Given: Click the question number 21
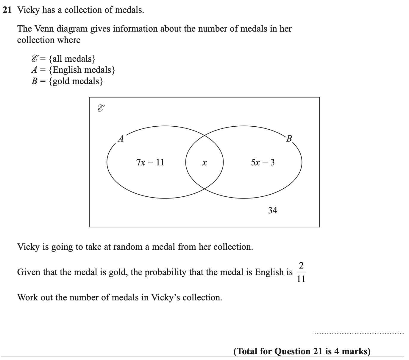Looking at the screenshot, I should (7, 10).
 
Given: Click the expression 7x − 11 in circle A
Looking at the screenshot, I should (150, 162).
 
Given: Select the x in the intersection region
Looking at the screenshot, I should (204, 163).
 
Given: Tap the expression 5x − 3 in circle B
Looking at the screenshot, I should (263, 162).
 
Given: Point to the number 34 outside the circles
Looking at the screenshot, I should (272, 210).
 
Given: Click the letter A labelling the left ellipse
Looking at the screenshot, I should (121, 139).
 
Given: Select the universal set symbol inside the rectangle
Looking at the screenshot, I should (101, 108).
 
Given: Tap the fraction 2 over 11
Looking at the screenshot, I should (301, 272).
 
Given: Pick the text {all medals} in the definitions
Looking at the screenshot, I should (72, 58).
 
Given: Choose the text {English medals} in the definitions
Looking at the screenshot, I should (82, 70).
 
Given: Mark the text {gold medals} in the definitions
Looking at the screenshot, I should (76, 81).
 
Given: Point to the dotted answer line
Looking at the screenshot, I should (359, 333).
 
